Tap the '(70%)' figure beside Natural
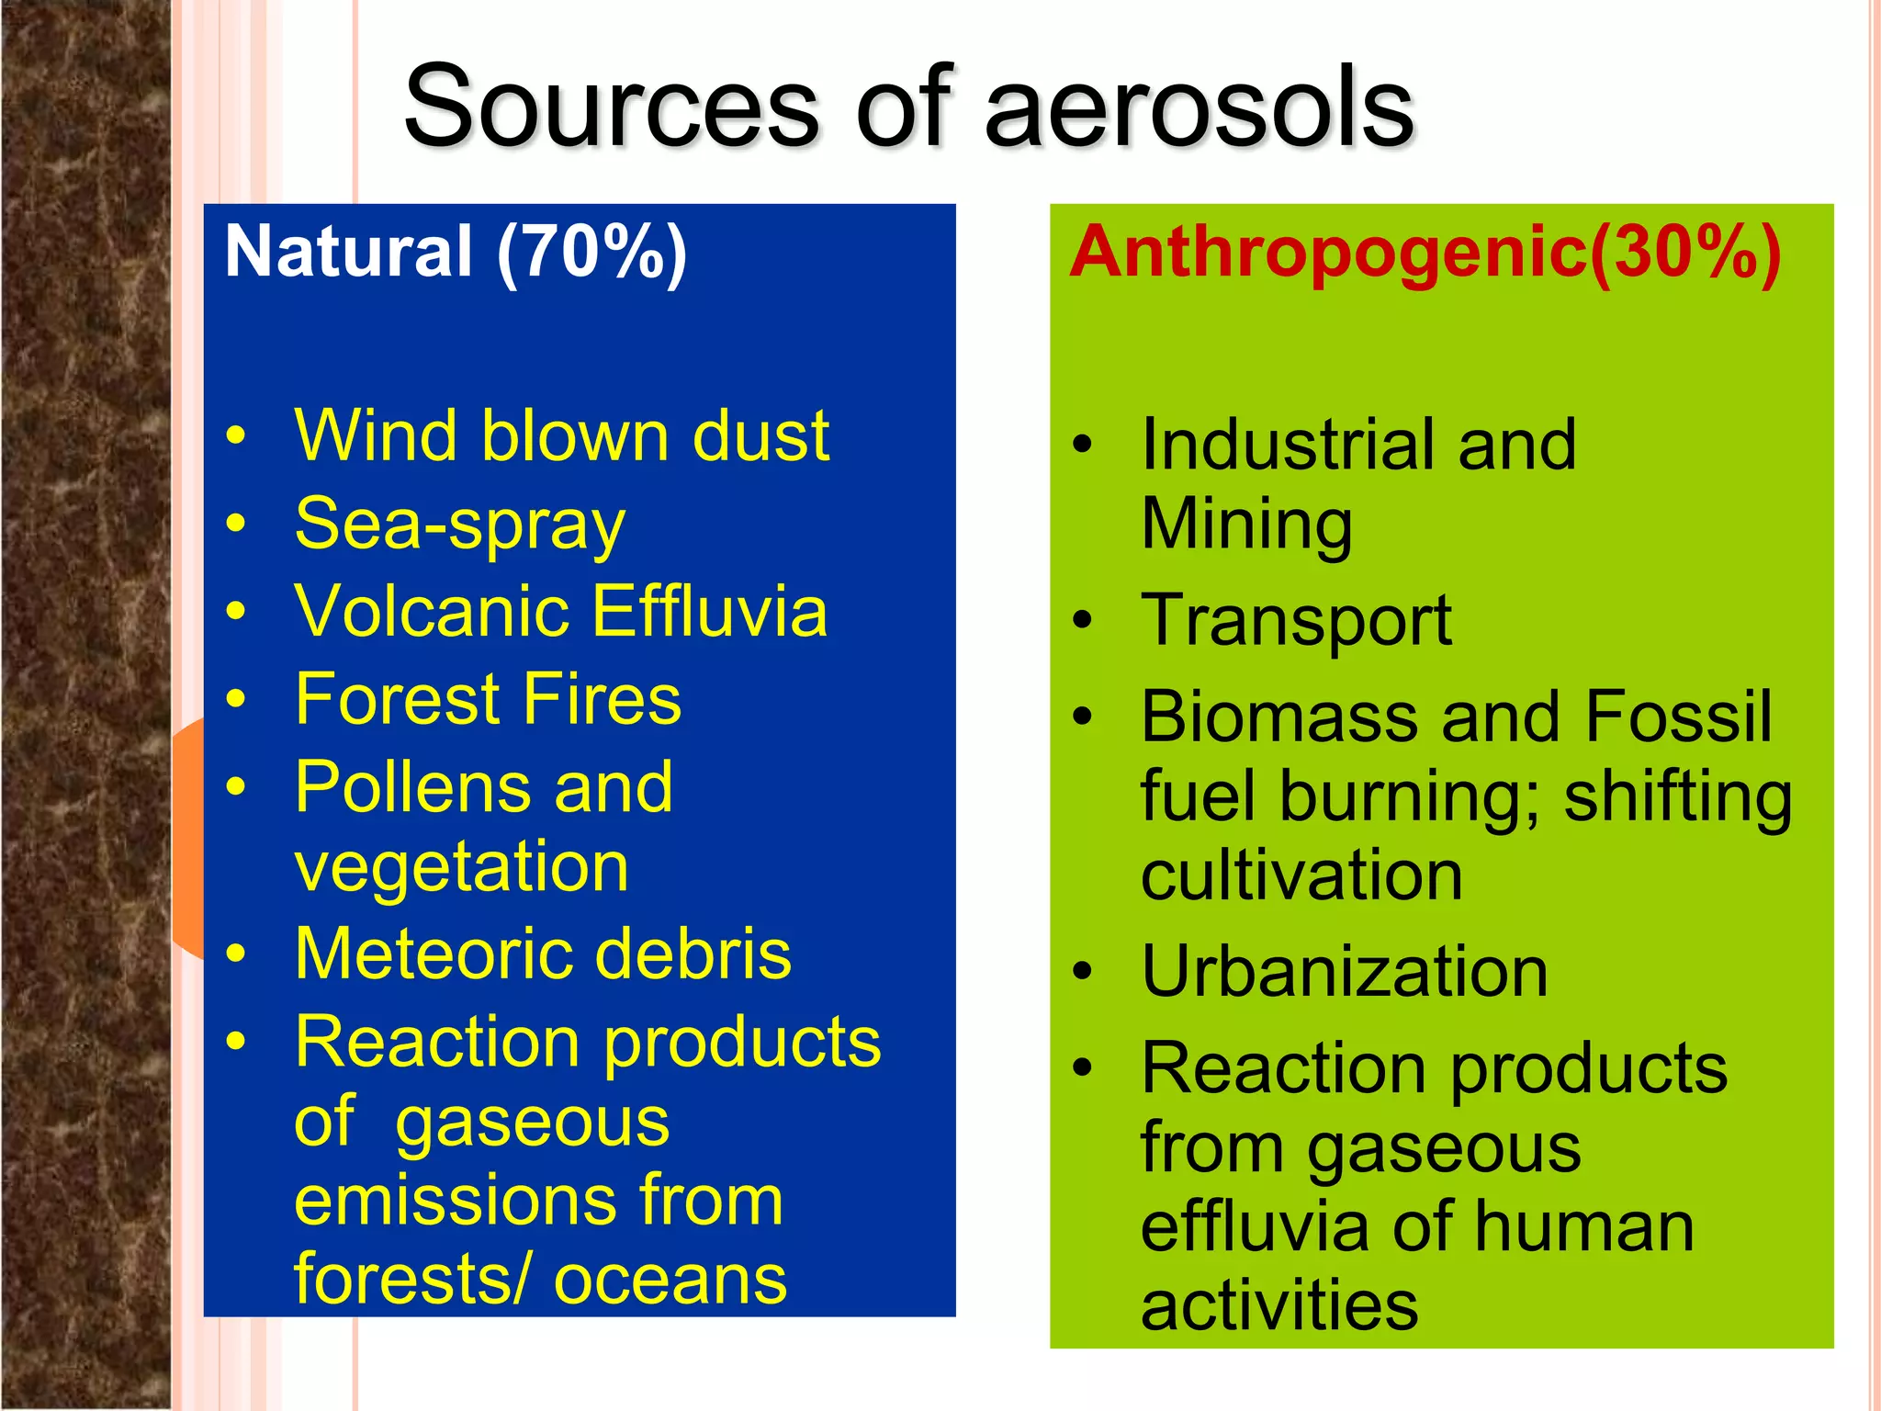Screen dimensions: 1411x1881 point(591,253)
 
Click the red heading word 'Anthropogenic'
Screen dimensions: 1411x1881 point(1328,253)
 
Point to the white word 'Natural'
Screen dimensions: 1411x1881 point(348,253)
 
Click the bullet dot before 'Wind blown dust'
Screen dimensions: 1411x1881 point(237,435)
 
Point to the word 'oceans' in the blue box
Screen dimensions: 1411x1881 point(670,1280)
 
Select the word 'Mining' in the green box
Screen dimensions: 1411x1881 point(1246,525)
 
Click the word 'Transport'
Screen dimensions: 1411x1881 point(1295,621)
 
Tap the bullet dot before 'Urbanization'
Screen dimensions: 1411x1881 point(1084,973)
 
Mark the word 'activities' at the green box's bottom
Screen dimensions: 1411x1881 point(1279,1305)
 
